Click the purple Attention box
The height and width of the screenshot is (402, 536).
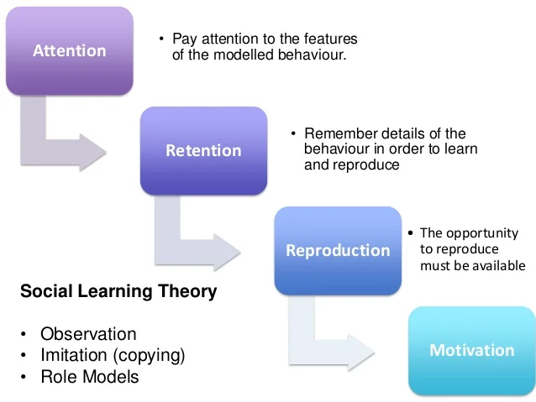(x=69, y=50)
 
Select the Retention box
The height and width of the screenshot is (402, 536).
(x=203, y=150)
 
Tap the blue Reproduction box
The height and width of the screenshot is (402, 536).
(x=338, y=250)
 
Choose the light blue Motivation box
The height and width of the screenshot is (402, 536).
(x=471, y=350)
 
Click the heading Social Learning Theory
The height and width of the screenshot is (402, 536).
(x=118, y=292)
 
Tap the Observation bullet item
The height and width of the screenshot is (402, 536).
(x=88, y=334)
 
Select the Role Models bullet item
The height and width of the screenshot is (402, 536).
(x=90, y=376)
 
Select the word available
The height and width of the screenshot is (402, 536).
(x=499, y=265)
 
